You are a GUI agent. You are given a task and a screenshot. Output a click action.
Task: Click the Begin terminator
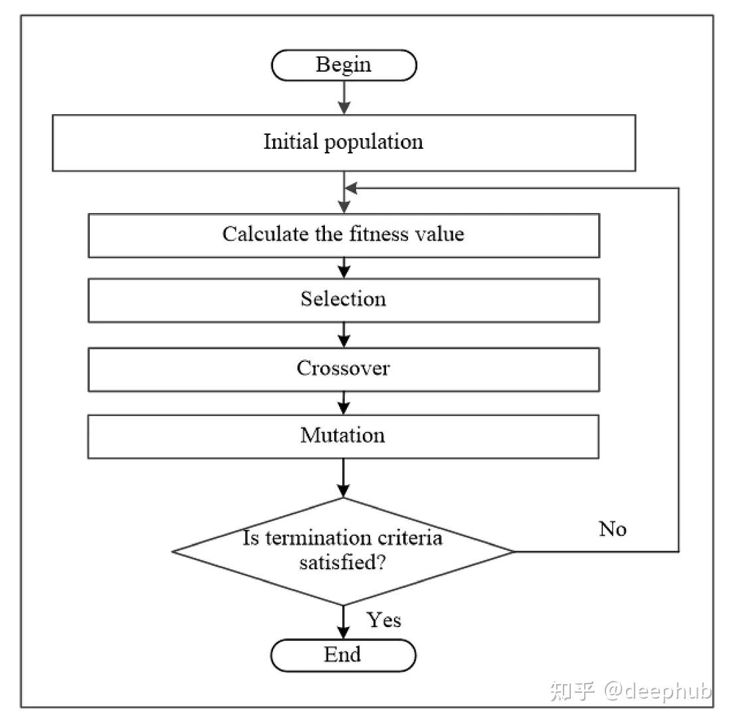(344, 65)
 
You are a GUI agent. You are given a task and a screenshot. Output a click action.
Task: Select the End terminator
(343, 655)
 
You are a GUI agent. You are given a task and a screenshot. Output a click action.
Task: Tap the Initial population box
(344, 143)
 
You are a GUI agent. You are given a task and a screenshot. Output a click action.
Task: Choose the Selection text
(344, 299)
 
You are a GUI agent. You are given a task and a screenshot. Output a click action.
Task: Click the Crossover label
(344, 368)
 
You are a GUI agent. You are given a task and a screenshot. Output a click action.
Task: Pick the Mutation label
(343, 436)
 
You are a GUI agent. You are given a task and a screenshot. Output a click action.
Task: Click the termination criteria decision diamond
(344, 551)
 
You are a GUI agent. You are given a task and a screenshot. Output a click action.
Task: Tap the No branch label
(613, 529)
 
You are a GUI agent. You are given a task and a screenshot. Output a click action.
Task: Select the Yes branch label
(383, 620)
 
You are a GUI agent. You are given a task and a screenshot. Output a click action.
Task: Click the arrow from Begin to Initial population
(344, 98)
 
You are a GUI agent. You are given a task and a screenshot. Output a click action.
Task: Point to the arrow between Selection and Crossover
(344, 335)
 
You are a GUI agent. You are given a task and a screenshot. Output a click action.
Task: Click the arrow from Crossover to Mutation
(344, 403)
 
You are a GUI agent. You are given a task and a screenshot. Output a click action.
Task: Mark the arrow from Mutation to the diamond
(344, 478)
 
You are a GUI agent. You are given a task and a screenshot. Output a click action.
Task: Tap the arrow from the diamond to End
(344, 622)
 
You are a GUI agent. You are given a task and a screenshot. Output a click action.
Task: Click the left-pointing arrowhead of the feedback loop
(351, 188)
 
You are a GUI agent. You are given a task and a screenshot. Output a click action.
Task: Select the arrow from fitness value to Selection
(344, 268)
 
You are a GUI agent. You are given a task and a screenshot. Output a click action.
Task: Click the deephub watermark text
(658, 690)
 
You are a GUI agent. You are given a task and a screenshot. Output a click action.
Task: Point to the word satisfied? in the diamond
(343, 563)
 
